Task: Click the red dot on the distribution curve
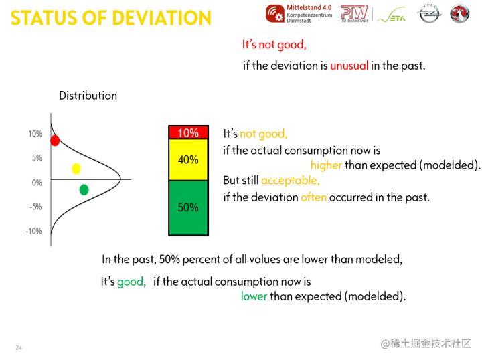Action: click(55, 141)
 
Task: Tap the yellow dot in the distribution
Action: click(76, 169)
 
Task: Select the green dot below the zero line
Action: click(84, 190)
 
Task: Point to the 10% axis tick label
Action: click(35, 134)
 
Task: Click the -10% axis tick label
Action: click(34, 231)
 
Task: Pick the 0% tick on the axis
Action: click(37, 183)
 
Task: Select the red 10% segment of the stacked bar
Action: click(188, 132)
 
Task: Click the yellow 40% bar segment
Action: click(188, 160)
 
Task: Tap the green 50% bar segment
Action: click(188, 208)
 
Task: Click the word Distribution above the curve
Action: click(88, 96)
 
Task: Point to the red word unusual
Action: click(349, 66)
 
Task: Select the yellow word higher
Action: click(326, 165)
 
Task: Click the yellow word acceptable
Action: click(291, 180)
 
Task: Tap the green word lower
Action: click(254, 296)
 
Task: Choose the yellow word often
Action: click(313, 197)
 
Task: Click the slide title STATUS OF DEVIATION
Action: click(111, 18)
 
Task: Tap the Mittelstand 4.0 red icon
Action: click(275, 14)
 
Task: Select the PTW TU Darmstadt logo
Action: click(355, 14)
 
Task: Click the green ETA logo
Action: click(392, 15)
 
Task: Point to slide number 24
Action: click(19, 347)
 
